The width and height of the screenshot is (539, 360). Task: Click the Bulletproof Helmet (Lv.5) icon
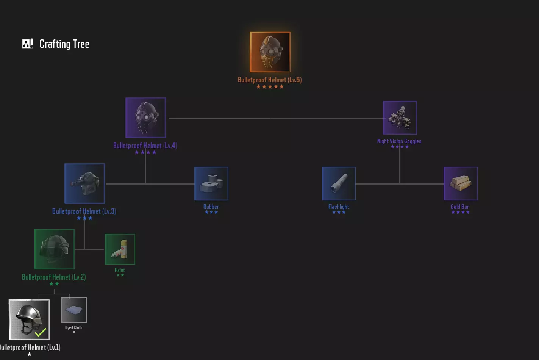[270, 52]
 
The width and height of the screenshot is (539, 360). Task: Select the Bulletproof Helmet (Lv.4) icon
[145, 117]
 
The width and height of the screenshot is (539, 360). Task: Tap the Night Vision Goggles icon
[400, 117]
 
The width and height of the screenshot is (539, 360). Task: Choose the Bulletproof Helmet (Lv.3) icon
[84, 183]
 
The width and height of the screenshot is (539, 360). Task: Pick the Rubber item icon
[211, 183]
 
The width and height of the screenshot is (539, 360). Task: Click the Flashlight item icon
[339, 183]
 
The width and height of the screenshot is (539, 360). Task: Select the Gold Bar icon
[460, 183]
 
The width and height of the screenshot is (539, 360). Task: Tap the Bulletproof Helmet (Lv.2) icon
[54, 249]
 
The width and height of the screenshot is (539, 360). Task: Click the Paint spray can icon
[120, 249]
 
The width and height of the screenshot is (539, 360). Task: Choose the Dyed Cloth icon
[74, 310]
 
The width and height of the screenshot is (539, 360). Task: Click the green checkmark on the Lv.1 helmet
[41, 332]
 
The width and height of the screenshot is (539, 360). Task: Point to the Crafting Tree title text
[64, 44]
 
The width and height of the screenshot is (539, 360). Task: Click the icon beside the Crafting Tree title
[28, 44]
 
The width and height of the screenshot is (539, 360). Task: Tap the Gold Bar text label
[460, 207]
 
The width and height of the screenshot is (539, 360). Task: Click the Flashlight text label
[339, 207]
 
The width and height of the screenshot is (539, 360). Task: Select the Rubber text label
[211, 207]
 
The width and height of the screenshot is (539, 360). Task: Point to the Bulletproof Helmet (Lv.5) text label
[270, 80]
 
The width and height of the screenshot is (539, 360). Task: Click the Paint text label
[120, 270]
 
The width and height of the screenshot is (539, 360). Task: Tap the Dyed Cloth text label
[73, 327]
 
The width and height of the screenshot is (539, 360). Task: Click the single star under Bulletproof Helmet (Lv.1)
[29, 354]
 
